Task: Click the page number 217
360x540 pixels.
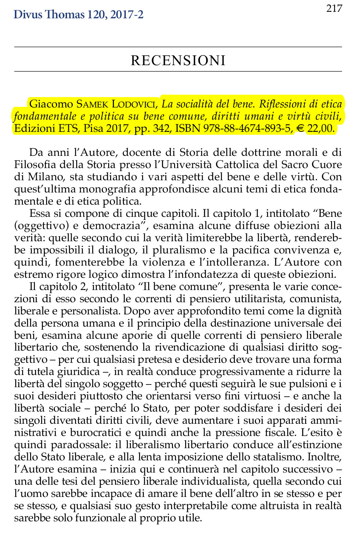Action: coord(334,8)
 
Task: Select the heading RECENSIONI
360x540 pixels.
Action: coord(178,60)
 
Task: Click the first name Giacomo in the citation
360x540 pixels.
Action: coord(51,104)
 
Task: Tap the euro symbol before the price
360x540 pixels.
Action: coord(301,128)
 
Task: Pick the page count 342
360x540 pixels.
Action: coord(161,128)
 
